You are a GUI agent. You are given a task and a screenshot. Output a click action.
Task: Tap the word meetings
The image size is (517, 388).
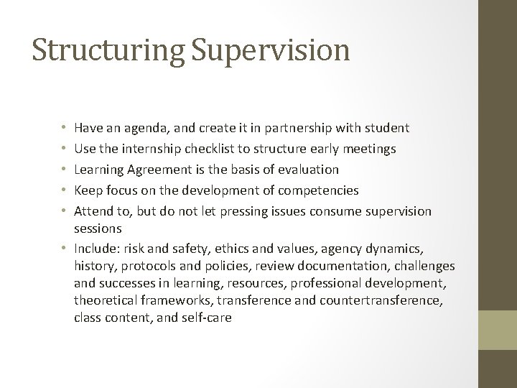click(x=367, y=149)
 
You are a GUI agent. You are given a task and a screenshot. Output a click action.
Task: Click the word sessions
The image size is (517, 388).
click(x=98, y=228)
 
